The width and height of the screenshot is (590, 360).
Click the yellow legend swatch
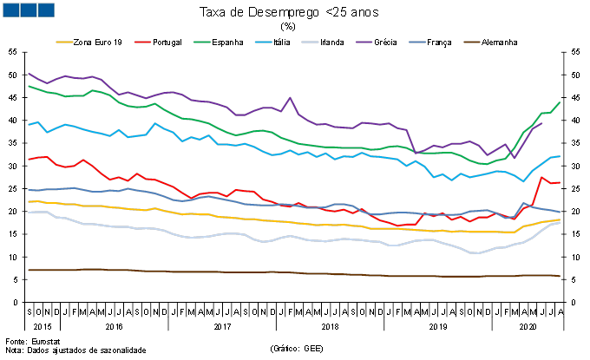[64, 42]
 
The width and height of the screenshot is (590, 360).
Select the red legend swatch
[142, 42]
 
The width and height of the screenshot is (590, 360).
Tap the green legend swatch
[201, 42]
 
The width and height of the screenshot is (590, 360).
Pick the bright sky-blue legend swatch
[263, 42]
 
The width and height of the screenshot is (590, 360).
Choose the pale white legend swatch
[310, 42]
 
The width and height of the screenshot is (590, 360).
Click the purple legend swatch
[364, 42]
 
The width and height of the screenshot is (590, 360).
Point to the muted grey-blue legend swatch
[417, 42]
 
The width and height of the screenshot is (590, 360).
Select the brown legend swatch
[471, 42]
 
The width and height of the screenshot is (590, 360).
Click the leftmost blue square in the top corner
[10, 10]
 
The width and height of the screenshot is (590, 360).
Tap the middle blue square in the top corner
[28, 10]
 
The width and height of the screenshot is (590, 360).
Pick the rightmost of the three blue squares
[45, 10]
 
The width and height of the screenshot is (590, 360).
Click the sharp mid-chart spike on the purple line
[290, 97]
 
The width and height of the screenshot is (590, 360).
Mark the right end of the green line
[560, 102]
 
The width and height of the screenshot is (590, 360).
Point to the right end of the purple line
[541, 123]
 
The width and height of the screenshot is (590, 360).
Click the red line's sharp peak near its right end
[541, 177]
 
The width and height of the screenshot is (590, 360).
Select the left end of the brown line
[29, 270]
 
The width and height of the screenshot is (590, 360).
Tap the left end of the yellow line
[29, 201]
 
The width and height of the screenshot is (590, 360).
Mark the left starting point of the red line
[29, 160]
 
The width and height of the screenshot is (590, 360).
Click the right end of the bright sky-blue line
[560, 156]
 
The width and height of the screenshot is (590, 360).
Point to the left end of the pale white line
[29, 213]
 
